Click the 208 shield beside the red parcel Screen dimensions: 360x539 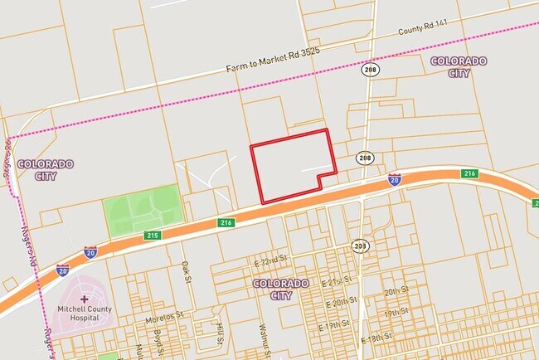[x=366, y=158]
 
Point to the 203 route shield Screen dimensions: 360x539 [x=360, y=246]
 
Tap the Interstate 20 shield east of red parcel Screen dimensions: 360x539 [x=394, y=178]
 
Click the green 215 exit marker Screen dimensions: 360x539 [x=153, y=236]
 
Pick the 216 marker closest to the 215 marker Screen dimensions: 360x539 [x=226, y=222]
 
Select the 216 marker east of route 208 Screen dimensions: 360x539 [x=470, y=173]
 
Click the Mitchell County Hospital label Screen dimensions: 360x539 [x=84, y=314]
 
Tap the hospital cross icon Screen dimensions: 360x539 [x=84, y=298]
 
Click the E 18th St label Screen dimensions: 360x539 [x=377, y=339]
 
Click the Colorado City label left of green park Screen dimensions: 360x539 [x=45, y=169]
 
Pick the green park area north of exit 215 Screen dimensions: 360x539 [x=142, y=210]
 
